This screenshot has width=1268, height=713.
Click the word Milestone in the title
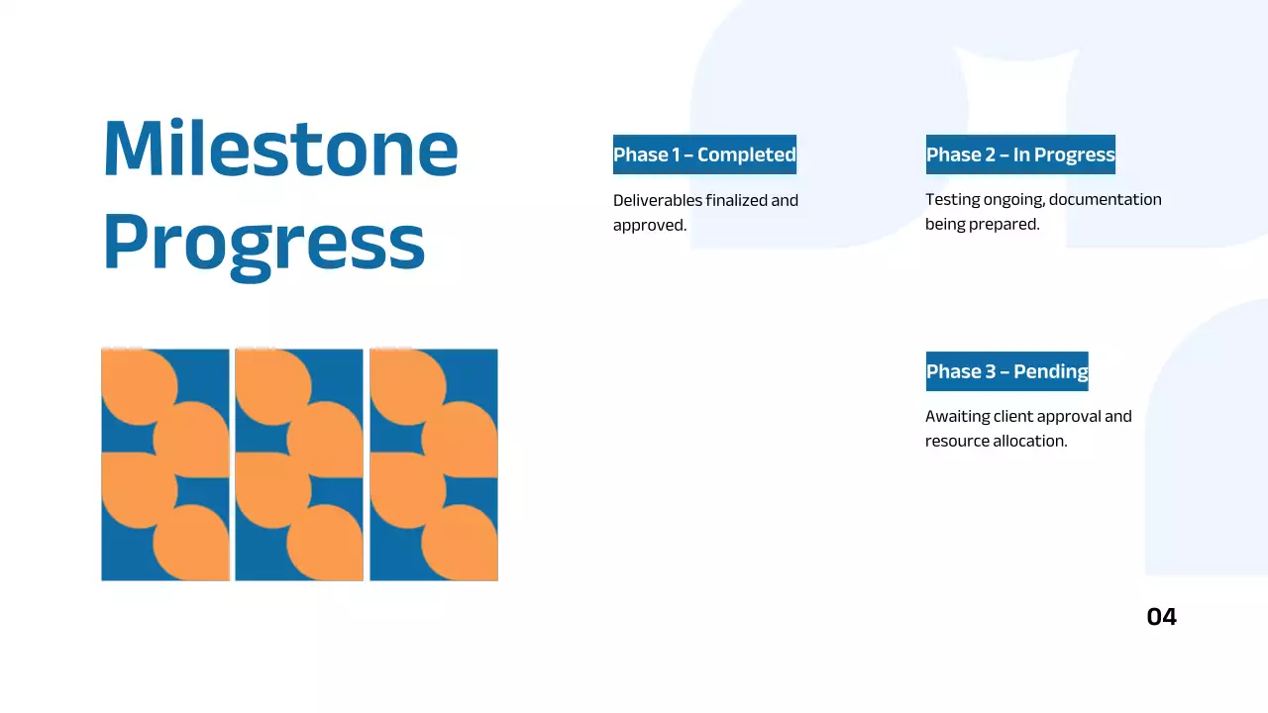[280, 148]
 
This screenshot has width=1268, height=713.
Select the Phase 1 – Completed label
[704, 154]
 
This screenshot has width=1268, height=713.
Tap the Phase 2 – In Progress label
[1020, 154]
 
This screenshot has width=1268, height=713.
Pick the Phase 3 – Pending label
[1007, 371]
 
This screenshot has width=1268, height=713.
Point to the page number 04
[1162, 617]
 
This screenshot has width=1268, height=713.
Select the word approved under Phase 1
[649, 226]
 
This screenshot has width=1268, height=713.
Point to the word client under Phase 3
[1013, 417]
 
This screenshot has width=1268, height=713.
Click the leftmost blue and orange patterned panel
[165, 464]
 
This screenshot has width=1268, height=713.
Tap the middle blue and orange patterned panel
[299, 464]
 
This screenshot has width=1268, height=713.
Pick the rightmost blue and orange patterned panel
[434, 464]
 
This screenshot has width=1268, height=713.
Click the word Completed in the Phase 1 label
[747, 155]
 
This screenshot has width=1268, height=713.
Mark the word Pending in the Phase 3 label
[1051, 372]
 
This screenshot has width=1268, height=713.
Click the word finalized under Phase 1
[736, 200]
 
